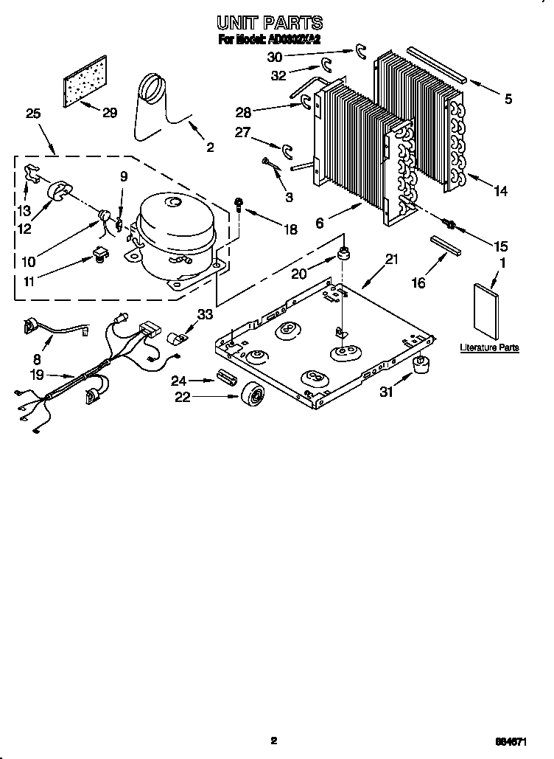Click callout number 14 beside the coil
(501, 192)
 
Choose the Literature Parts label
(489, 347)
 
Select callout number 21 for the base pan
(391, 260)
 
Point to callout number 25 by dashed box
(32, 114)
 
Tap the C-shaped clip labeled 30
(360, 50)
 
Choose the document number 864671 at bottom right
(516, 741)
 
